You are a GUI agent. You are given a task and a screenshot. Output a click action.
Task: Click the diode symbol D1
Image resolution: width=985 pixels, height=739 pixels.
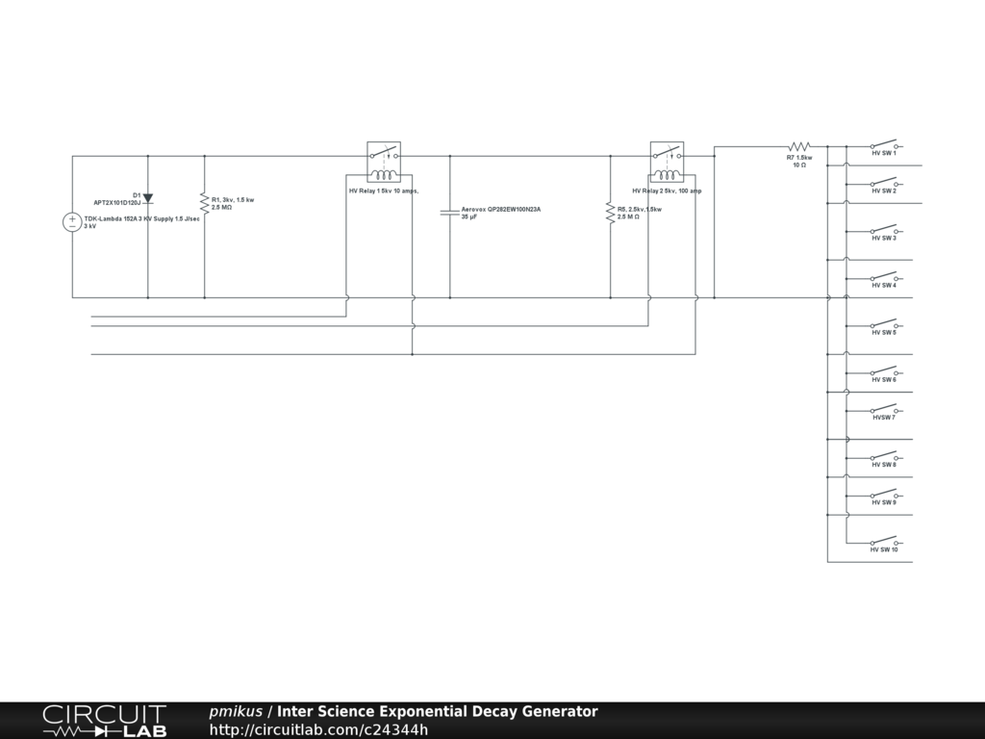tap(147, 198)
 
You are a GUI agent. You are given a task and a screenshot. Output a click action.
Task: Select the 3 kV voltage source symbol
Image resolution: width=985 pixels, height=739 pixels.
tap(72, 222)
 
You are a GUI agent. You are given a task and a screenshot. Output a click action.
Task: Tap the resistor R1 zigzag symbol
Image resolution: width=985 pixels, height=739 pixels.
tap(204, 203)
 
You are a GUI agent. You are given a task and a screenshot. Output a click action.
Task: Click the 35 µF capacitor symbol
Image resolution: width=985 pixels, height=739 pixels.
tap(449, 212)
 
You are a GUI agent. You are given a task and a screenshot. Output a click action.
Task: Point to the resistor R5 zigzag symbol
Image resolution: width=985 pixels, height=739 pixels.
tap(610, 213)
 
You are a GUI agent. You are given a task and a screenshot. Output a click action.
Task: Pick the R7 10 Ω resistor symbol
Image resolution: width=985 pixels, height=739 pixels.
tap(799, 146)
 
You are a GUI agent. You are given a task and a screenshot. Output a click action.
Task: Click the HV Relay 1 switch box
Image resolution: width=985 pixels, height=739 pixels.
tap(384, 161)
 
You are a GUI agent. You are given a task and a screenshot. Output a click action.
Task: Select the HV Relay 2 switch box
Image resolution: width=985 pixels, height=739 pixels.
tap(667, 161)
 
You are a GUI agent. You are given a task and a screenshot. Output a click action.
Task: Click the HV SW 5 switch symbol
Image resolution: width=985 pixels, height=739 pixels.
tap(884, 323)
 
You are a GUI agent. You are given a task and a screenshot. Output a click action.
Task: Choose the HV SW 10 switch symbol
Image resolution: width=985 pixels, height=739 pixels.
tap(884, 540)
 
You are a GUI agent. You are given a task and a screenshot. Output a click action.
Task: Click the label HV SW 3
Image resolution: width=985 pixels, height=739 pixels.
tap(884, 239)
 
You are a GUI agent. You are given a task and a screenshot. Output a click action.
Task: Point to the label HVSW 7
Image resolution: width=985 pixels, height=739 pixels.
tap(884, 418)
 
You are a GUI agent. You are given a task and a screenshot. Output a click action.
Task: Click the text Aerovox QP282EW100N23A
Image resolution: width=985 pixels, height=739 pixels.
tap(501, 209)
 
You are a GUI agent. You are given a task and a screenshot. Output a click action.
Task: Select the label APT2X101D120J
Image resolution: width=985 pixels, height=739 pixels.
tap(116, 203)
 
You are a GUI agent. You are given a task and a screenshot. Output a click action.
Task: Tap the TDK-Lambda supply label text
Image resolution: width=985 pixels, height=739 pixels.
tap(141, 219)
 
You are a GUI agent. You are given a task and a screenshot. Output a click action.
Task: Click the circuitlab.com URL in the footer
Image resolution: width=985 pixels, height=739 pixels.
tap(318, 729)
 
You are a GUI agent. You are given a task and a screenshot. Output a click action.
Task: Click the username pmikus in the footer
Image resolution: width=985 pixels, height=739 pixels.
tap(236, 712)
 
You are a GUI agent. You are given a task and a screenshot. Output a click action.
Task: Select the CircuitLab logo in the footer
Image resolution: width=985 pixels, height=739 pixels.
tap(104, 721)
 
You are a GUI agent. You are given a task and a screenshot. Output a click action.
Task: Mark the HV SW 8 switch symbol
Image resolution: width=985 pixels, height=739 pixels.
tap(884, 455)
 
